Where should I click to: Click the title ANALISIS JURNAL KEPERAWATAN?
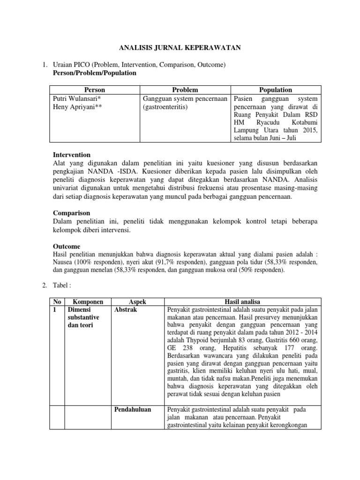click(x=180, y=47)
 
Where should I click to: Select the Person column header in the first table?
click(x=94, y=90)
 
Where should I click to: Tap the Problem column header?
click(x=185, y=90)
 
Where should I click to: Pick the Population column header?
click(x=275, y=90)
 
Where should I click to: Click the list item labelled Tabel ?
click(x=64, y=285)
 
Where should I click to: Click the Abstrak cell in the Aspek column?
click(x=125, y=310)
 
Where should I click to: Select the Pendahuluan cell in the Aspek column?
click(x=133, y=409)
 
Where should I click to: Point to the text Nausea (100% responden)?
click(x=81, y=262)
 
